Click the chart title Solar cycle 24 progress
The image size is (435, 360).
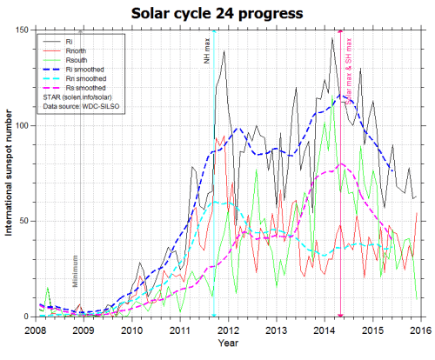(x=217, y=14)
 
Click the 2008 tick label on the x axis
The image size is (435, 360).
(x=36, y=330)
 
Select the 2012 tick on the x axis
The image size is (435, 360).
(x=228, y=330)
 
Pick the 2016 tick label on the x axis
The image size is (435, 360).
(x=420, y=330)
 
